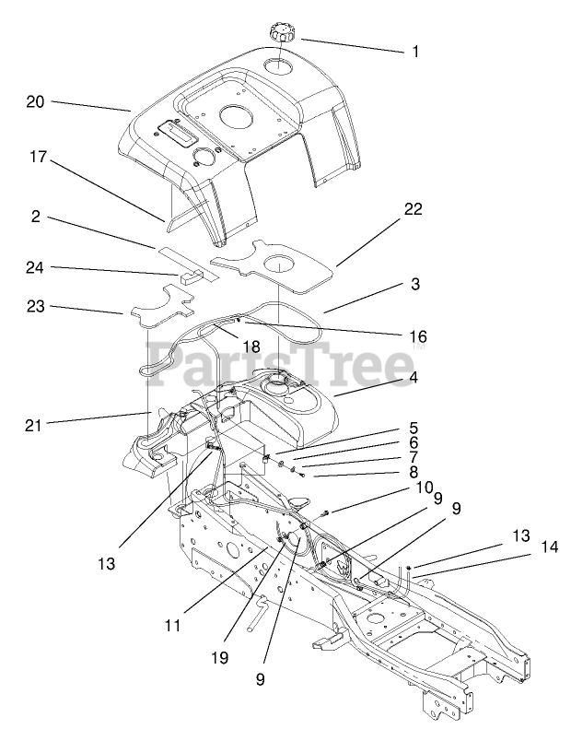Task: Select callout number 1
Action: [415, 52]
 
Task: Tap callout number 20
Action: [35, 102]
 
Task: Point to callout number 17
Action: [38, 158]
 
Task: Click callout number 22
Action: [412, 209]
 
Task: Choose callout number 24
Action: [34, 267]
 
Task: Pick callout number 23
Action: [34, 308]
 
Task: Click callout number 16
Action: [418, 336]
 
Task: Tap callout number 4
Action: [414, 377]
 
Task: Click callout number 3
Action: [414, 285]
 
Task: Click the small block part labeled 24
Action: [190, 274]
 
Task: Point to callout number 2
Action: [34, 217]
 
